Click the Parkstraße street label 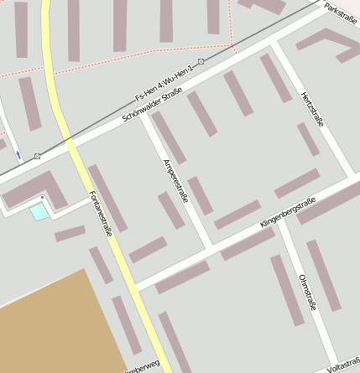point(340,12)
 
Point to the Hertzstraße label point(311,109)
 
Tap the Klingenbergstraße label point(287,213)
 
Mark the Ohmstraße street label point(306,291)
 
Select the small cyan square point(39,212)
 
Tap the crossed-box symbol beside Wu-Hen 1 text point(201,61)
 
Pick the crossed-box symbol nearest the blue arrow point(37,156)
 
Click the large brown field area point(50,323)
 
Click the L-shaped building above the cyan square point(34,190)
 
